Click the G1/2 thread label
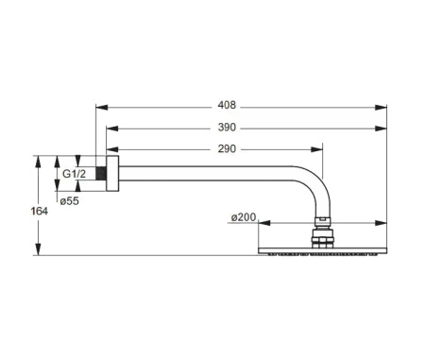[75, 175]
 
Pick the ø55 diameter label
[69, 201]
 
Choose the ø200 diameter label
[243, 218]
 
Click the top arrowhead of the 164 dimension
[39, 159]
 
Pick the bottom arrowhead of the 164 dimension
[39, 252]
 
